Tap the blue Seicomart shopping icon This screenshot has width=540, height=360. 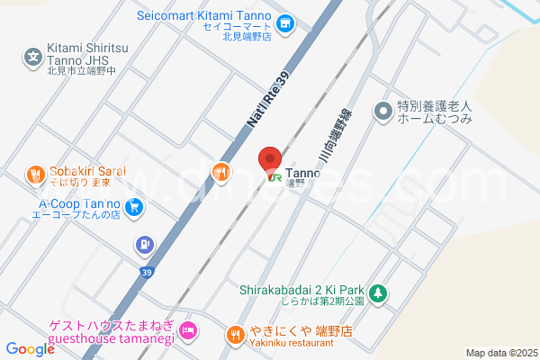[285, 22]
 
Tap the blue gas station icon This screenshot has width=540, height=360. [143, 244]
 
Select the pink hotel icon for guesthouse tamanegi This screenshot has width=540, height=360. [187, 330]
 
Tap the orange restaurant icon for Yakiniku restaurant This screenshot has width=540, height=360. [234, 334]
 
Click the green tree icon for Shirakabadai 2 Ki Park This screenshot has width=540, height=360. [379, 292]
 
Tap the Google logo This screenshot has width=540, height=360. [30, 348]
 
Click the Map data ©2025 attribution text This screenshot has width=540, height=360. [500, 353]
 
